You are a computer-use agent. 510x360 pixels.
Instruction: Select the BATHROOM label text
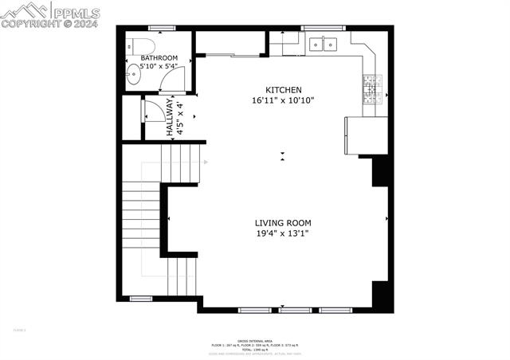point(159,58)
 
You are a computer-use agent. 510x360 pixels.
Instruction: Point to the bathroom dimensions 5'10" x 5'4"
point(159,67)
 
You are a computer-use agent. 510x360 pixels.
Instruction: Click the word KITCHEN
point(284,90)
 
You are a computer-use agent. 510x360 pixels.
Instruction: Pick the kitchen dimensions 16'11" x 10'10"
point(283,100)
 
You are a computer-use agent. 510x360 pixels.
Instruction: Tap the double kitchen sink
point(324,45)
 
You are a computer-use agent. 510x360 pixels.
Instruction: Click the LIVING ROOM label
point(282,223)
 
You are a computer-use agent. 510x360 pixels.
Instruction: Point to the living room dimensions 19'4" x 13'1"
point(282,233)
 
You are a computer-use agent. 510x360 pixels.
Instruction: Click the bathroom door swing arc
point(179,78)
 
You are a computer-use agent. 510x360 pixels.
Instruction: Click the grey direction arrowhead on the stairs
point(206,162)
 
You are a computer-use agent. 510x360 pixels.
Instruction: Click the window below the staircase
point(141,299)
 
